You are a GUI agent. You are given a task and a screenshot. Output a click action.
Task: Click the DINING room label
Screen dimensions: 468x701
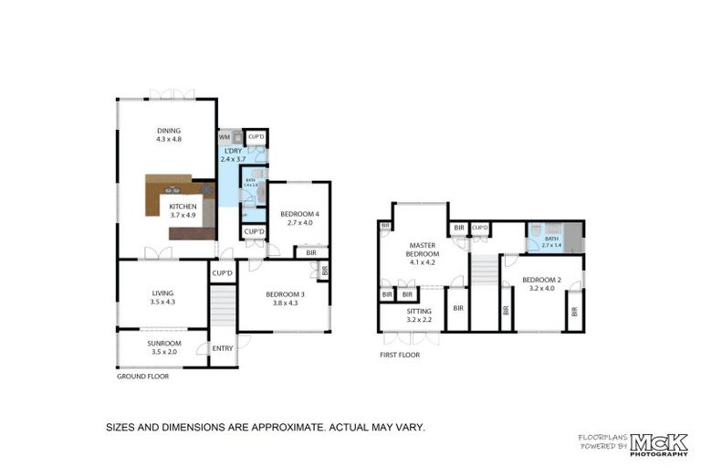click(169, 131)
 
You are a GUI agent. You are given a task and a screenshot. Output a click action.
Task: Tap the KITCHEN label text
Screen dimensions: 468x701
click(183, 207)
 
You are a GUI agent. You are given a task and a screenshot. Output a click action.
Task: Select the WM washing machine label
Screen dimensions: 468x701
click(224, 137)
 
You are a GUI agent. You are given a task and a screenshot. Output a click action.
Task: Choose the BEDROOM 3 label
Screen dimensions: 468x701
click(283, 294)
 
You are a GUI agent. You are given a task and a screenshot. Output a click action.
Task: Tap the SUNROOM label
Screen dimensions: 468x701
click(164, 344)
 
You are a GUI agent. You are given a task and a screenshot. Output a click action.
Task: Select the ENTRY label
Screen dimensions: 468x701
click(223, 348)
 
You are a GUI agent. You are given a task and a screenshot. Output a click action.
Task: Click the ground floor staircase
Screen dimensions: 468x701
click(223, 308)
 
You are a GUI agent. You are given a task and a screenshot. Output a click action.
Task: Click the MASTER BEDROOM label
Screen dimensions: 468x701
click(422, 250)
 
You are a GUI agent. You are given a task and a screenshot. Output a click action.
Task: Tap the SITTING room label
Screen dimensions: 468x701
click(420, 312)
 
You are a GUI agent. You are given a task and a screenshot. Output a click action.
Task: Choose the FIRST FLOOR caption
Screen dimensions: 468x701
click(400, 355)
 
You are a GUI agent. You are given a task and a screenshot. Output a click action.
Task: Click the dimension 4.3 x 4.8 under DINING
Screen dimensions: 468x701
click(169, 139)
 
